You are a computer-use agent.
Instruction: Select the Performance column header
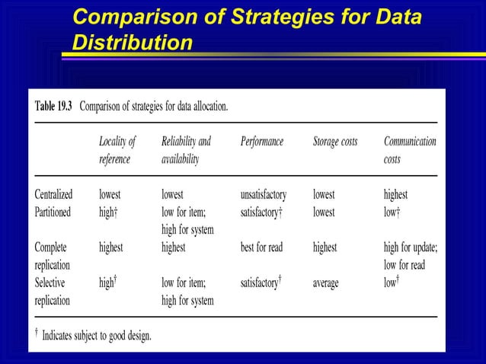pyautogui.click(x=261, y=142)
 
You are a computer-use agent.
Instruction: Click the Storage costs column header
pyautogui.click(x=335, y=142)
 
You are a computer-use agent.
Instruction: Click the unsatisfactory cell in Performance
pyautogui.click(x=263, y=195)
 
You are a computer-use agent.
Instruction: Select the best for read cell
pyautogui.click(x=263, y=247)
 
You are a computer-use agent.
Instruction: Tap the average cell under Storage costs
pyautogui.click(x=326, y=283)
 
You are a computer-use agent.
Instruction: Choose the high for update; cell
pyautogui.click(x=410, y=247)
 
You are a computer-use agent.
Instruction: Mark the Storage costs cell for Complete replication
pyautogui.click(x=325, y=247)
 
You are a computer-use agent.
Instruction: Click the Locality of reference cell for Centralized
pyautogui.click(x=110, y=195)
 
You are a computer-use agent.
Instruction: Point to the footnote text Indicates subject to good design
pyautogui.click(x=96, y=335)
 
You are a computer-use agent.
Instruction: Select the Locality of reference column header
pyautogui.click(x=117, y=151)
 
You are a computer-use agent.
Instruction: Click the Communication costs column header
pyautogui.click(x=410, y=151)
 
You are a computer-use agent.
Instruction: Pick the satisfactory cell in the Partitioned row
pyautogui.click(x=261, y=212)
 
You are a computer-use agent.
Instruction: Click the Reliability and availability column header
pyautogui.click(x=186, y=151)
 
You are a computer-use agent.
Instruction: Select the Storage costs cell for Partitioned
pyautogui.click(x=324, y=212)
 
